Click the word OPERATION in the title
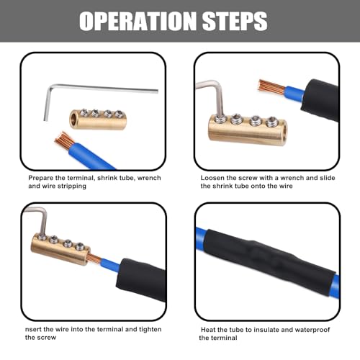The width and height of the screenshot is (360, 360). [138, 21]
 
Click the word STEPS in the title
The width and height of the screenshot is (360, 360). [235, 21]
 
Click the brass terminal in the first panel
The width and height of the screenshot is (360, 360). [98, 119]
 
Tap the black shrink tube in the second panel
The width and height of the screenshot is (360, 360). [320, 99]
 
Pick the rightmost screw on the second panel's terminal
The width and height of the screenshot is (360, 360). [272, 122]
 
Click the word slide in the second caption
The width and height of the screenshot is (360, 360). [328, 178]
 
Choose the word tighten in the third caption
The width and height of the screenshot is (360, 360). [150, 329]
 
